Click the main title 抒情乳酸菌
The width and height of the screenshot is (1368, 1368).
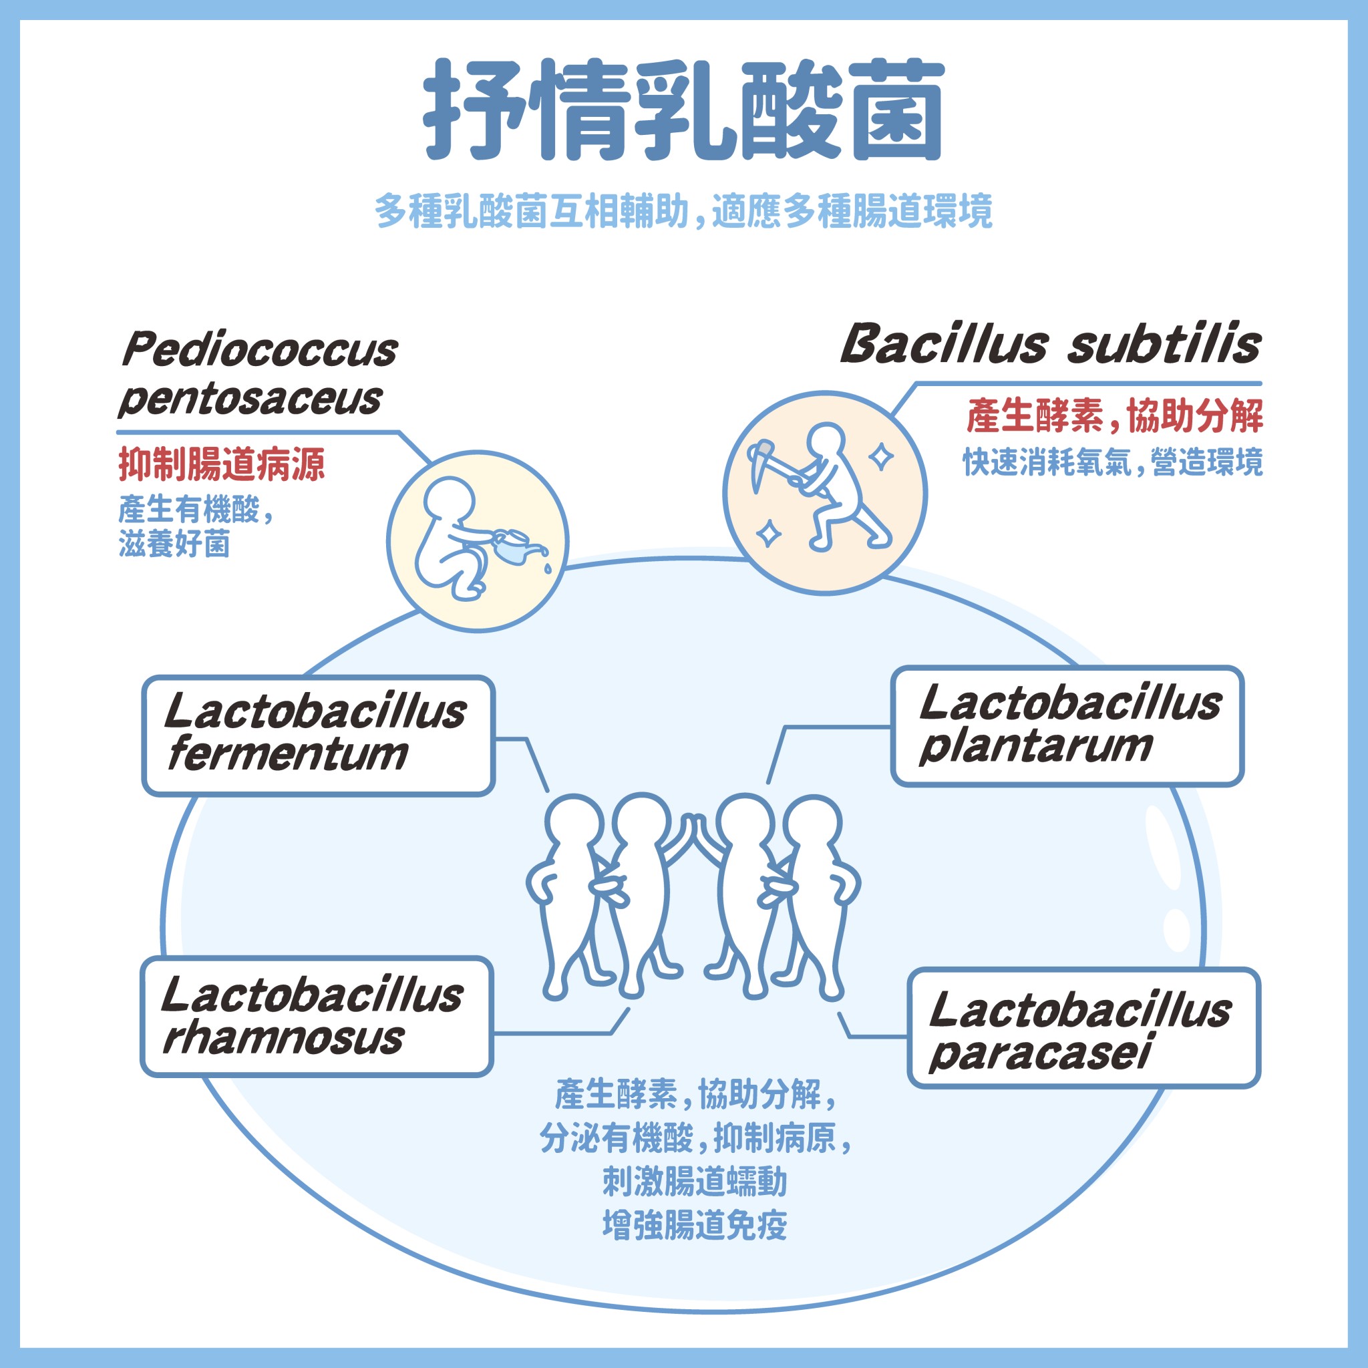tap(684, 110)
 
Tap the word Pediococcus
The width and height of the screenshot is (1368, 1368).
tap(260, 350)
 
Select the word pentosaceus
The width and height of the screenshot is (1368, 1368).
tap(250, 399)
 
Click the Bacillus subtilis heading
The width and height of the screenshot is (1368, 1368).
tap(1051, 345)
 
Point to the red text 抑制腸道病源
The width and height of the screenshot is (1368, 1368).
tap(222, 465)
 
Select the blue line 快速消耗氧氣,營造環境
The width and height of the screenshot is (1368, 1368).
tap(1112, 463)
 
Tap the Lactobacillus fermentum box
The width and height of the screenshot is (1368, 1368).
tap(318, 735)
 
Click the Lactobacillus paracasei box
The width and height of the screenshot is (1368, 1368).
tap(1084, 1027)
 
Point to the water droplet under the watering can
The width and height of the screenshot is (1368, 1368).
tap(547, 568)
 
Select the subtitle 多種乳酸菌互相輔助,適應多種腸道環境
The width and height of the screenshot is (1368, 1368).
tap(684, 211)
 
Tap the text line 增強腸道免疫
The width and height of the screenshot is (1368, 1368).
tap(695, 1226)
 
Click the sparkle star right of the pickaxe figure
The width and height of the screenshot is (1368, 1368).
tap(882, 457)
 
